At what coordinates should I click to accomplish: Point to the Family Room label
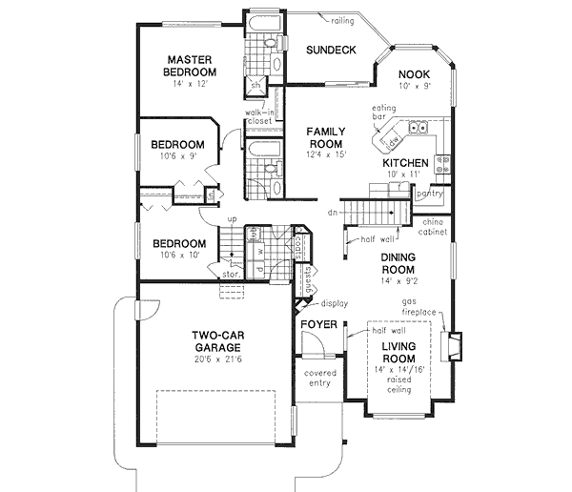click(x=325, y=137)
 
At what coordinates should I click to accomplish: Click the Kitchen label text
click(x=406, y=163)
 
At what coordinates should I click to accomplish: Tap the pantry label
click(x=430, y=194)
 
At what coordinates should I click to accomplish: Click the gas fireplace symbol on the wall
click(x=456, y=343)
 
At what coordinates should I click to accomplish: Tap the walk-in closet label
click(x=259, y=116)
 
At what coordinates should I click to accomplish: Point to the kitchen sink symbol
click(x=417, y=127)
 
